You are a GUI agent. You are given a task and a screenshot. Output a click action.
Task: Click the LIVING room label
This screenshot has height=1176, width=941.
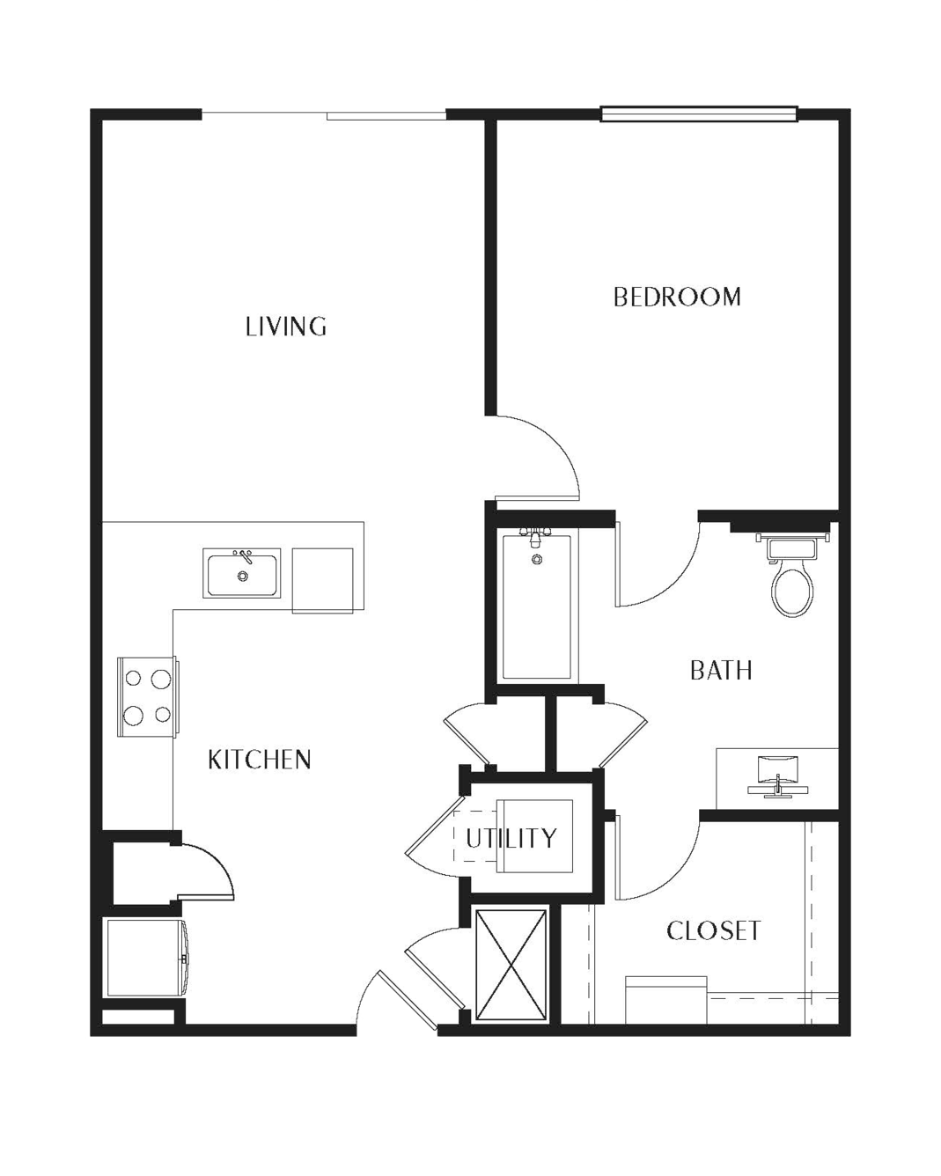(286, 327)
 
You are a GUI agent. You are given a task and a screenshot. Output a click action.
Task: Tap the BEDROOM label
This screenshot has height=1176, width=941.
(677, 297)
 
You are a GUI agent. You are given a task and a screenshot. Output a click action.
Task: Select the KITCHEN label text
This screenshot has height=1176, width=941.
(260, 760)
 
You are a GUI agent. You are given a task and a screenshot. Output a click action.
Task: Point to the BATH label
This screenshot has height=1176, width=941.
(721, 671)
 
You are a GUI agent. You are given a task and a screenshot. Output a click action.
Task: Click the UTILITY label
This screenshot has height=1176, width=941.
(511, 838)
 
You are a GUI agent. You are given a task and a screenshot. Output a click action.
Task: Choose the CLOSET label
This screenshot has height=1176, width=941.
(713, 930)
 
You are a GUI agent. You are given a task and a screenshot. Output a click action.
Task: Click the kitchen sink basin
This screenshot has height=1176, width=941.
(242, 573)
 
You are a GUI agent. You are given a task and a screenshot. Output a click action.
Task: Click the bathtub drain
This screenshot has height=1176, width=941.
(537, 559)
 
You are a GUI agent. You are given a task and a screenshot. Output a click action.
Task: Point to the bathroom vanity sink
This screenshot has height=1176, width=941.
(778, 776)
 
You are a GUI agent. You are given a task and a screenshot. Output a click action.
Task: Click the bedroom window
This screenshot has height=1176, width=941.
(699, 114)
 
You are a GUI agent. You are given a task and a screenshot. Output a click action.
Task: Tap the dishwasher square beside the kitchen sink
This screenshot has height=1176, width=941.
(322, 580)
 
